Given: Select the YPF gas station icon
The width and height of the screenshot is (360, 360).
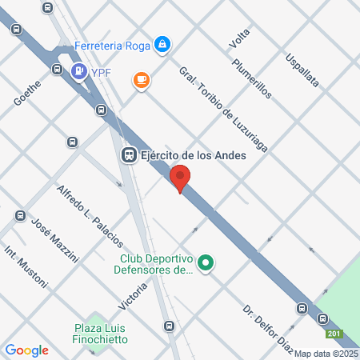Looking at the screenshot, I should tap(79, 72).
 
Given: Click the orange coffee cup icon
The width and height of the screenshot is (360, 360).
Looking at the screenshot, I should tap(142, 80).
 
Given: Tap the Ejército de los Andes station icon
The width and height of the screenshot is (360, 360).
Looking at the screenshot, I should tap(128, 154).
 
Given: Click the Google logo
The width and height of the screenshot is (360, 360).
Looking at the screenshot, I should tap(26, 350).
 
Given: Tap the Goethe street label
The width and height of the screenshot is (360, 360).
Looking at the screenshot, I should tap(26, 92).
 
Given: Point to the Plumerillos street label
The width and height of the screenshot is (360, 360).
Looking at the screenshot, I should tap(252, 78).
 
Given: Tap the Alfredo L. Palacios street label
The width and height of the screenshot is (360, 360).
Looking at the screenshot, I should tap(90, 214).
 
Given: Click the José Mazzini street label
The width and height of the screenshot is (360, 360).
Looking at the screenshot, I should tap(54, 239).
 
